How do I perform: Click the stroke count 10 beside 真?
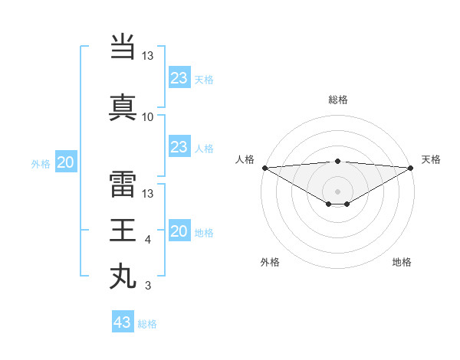(x=148, y=117)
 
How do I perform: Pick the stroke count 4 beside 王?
(x=148, y=241)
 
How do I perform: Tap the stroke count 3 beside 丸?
(x=148, y=286)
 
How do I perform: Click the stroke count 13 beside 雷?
(x=148, y=195)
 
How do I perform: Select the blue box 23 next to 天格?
(x=179, y=77)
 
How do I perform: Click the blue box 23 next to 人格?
(x=179, y=147)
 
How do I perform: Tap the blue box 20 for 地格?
(x=179, y=231)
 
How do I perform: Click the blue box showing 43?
(x=123, y=322)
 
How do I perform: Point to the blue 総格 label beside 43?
(x=147, y=324)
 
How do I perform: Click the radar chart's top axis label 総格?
(x=337, y=100)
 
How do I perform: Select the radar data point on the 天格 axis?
(x=411, y=167)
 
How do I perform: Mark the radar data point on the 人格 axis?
(x=264, y=167)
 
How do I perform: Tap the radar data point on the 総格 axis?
(x=337, y=161)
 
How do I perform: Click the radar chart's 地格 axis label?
(x=402, y=263)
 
